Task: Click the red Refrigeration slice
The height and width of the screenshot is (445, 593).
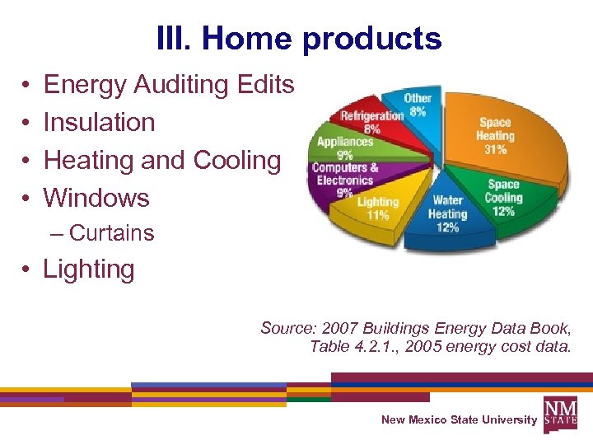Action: coord(371,121)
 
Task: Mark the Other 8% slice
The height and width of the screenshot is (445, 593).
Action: coord(418,105)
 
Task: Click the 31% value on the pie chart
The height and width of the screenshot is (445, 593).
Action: coord(495,150)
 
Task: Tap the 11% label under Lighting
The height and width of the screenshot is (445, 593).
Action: coord(378,216)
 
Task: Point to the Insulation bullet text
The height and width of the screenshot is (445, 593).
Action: coord(99,122)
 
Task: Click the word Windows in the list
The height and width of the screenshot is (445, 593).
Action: coord(96,198)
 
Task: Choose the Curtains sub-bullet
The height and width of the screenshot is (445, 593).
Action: coord(111,233)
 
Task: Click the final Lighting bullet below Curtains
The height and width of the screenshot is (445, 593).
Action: coord(88,269)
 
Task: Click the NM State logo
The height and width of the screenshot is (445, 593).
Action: coord(560,412)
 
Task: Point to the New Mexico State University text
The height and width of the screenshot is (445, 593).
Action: coord(459,420)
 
